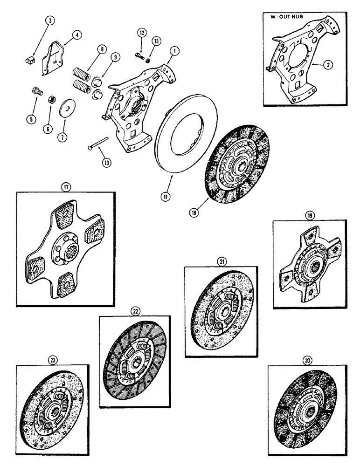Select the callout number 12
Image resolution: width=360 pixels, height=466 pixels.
coord(141,32)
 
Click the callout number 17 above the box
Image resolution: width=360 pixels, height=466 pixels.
coord(66,189)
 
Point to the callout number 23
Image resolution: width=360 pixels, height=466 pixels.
coord(51,359)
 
